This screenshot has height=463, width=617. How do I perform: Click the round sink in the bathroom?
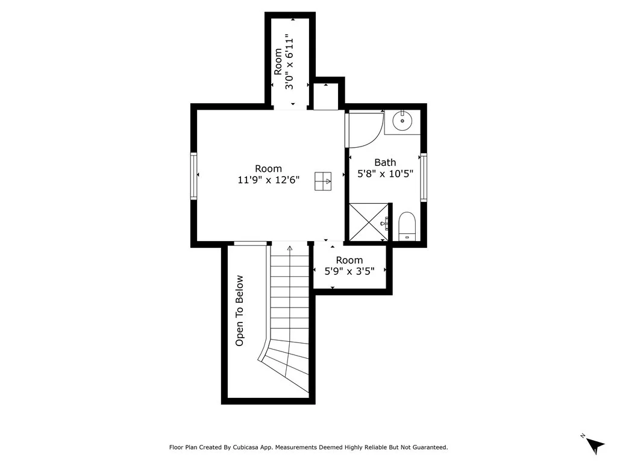click(x=402, y=121)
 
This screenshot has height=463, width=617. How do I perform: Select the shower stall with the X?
click(x=369, y=222)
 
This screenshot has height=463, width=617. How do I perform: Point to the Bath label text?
click(x=385, y=162)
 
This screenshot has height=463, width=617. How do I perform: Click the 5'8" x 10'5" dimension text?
click(x=385, y=174)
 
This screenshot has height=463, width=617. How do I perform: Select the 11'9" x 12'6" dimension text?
click(x=269, y=180)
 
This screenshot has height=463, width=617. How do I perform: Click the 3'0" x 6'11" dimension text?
click(x=290, y=61)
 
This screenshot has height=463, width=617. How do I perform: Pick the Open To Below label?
click(x=239, y=310)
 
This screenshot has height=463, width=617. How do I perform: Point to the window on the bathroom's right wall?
click(x=424, y=178)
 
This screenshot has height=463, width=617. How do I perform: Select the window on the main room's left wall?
click(x=193, y=176)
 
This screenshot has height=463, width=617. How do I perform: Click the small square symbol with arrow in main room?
click(x=323, y=181)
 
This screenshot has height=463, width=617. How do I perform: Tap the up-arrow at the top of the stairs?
click(x=290, y=248)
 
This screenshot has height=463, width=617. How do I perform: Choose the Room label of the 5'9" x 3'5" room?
click(x=349, y=260)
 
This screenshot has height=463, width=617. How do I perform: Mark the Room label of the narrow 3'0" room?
click(x=278, y=61)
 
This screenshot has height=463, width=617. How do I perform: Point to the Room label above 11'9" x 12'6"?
click(x=268, y=169)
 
